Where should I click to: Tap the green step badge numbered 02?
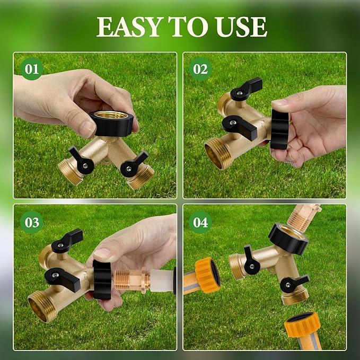coord(200,69)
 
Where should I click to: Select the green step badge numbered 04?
coord(200,222)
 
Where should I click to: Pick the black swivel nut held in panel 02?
coord(279,128)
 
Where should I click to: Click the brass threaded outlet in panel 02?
coord(216,154)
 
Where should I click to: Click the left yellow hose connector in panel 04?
coord(207,274)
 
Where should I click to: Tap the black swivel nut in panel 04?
coord(288,239)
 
